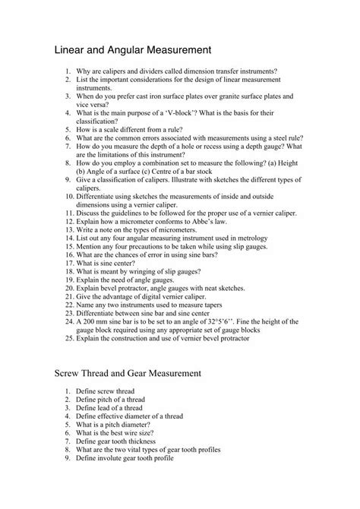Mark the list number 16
point(68,254)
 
